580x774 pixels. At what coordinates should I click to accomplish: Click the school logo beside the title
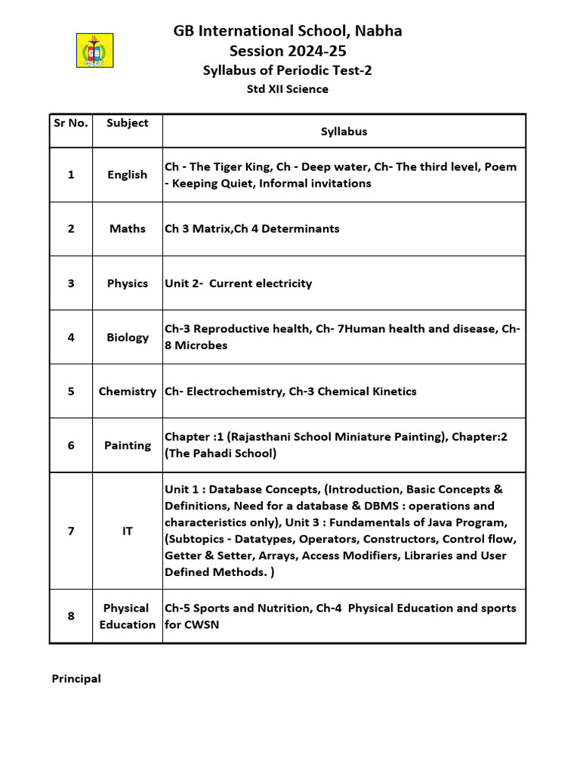pyautogui.click(x=95, y=51)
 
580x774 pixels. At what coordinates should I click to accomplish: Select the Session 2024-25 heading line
pyautogui.click(x=288, y=51)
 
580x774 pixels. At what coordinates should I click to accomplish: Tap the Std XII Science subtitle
pyautogui.click(x=288, y=89)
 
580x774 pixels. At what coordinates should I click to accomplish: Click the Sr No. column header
pyautogui.click(x=70, y=122)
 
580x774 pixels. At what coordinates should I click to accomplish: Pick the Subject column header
pyautogui.click(x=127, y=122)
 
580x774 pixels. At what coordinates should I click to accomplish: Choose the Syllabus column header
pyautogui.click(x=344, y=132)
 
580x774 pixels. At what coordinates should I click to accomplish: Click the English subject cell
pyautogui.click(x=127, y=175)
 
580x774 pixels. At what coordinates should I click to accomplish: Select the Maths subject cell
pyautogui.click(x=127, y=228)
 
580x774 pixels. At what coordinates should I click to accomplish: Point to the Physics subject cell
pyautogui.click(x=127, y=283)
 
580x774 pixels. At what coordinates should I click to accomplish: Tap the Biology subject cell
pyautogui.click(x=127, y=337)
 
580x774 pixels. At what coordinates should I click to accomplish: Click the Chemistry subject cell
pyautogui.click(x=127, y=392)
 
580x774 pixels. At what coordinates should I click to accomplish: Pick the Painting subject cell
pyautogui.click(x=127, y=445)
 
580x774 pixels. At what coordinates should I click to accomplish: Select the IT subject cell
pyautogui.click(x=127, y=531)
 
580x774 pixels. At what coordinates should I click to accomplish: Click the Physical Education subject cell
pyautogui.click(x=127, y=616)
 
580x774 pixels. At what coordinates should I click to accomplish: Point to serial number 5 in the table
pyautogui.click(x=71, y=392)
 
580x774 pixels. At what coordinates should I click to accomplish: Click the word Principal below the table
pyautogui.click(x=76, y=679)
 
